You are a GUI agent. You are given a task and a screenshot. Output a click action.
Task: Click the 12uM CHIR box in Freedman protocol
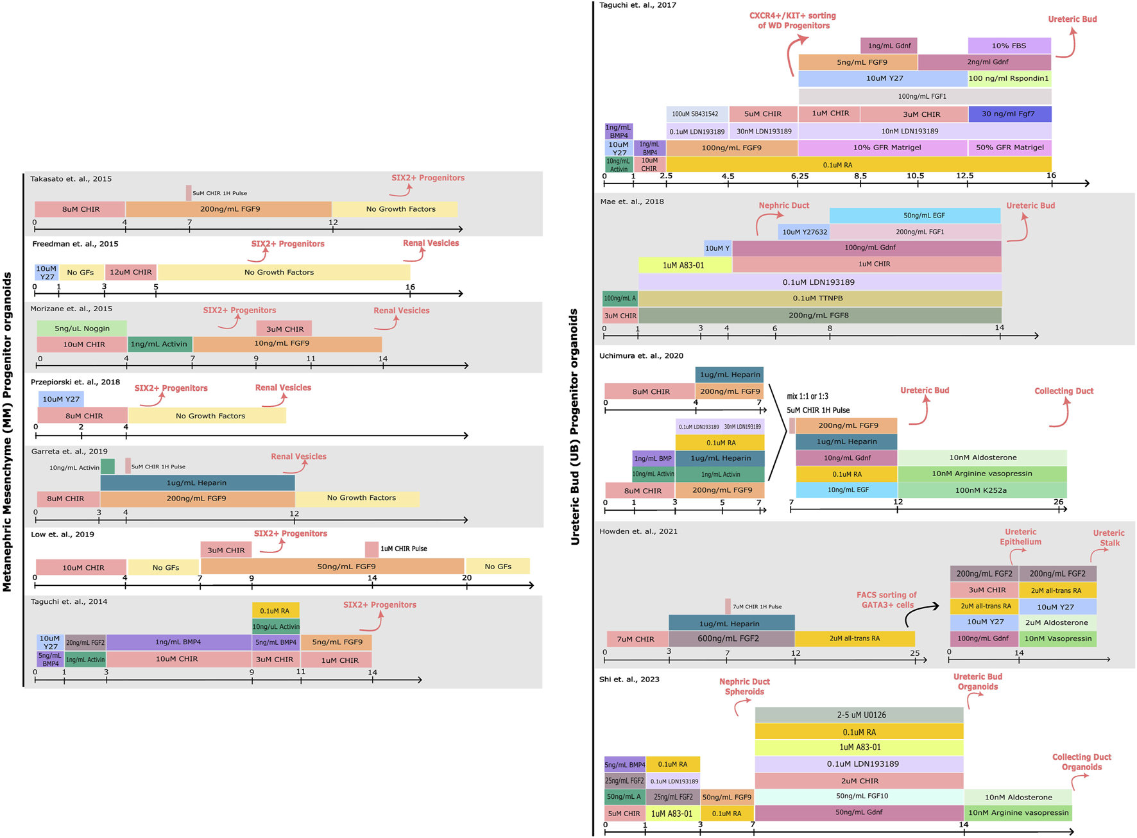[130, 272]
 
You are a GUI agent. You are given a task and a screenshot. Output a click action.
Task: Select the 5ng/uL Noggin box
[81, 328]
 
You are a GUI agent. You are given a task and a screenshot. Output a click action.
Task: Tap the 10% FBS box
[1009, 46]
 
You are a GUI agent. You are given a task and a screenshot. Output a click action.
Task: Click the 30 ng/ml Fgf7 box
[1009, 114]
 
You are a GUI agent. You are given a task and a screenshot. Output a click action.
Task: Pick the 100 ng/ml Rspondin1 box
[1009, 79]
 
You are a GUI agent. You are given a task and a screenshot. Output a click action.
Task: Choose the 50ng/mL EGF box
[914, 215]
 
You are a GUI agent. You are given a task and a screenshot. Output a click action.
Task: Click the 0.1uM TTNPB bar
[819, 298]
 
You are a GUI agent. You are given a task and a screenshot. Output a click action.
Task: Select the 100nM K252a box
[981, 490]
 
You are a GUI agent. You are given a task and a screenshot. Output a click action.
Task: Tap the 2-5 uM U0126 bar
[859, 715]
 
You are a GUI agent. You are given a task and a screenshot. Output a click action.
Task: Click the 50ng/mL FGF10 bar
[859, 796]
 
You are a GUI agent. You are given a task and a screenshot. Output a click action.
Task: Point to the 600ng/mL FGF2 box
[731, 638]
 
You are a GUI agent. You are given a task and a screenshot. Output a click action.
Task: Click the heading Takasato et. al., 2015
[71, 179]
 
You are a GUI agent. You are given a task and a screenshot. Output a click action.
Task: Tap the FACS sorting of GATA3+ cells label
[886, 600]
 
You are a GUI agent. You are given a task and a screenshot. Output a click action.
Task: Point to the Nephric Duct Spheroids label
[744, 687]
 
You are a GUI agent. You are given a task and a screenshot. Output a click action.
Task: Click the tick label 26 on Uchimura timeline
[1058, 502]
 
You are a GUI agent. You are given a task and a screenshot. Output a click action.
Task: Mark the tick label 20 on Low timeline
[466, 577]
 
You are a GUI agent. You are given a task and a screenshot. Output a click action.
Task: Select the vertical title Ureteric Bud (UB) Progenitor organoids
[575, 427]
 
